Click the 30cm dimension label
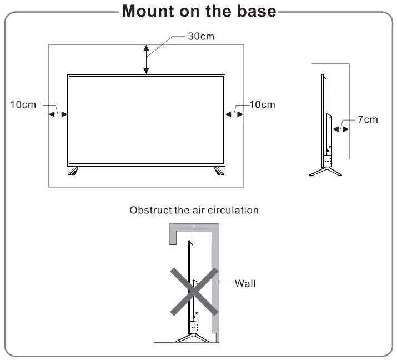click(200, 37)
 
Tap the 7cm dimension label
click(367, 119)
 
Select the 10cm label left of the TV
click(23, 104)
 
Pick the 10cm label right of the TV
click(262, 104)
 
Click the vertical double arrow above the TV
click(146, 59)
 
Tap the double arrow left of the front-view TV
click(58, 114)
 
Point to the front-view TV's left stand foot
click(73, 171)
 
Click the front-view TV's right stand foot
click(219, 171)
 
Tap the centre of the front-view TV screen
click(147, 119)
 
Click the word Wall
click(245, 283)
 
